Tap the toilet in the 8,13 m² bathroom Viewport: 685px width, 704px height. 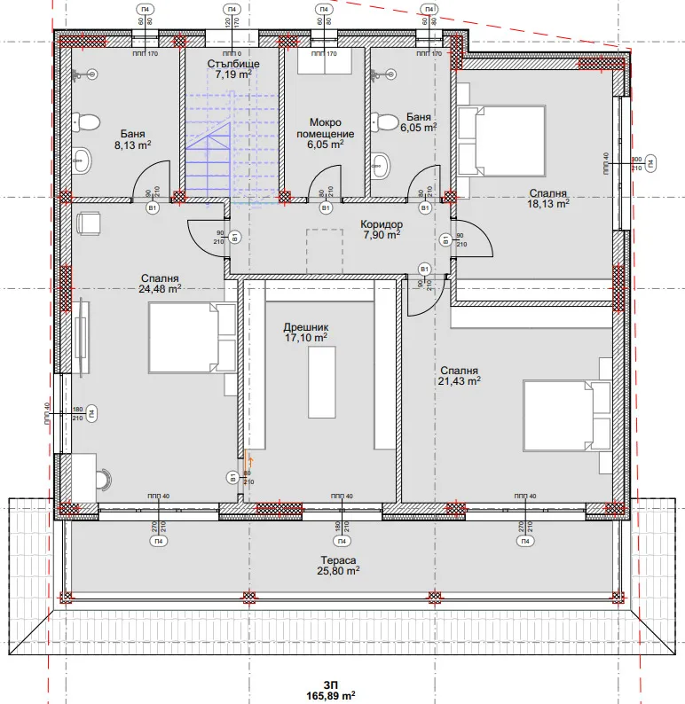click(85, 121)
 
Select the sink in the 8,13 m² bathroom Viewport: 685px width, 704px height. click(83, 160)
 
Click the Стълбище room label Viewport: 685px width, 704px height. click(232, 63)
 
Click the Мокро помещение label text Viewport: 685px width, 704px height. click(326, 129)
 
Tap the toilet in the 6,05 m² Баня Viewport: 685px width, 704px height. click(385, 120)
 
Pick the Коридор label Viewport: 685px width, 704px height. click(382, 225)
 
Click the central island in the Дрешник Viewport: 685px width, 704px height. click(321, 382)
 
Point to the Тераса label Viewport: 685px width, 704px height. click(339, 560)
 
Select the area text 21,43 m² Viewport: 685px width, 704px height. click(461, 381)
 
